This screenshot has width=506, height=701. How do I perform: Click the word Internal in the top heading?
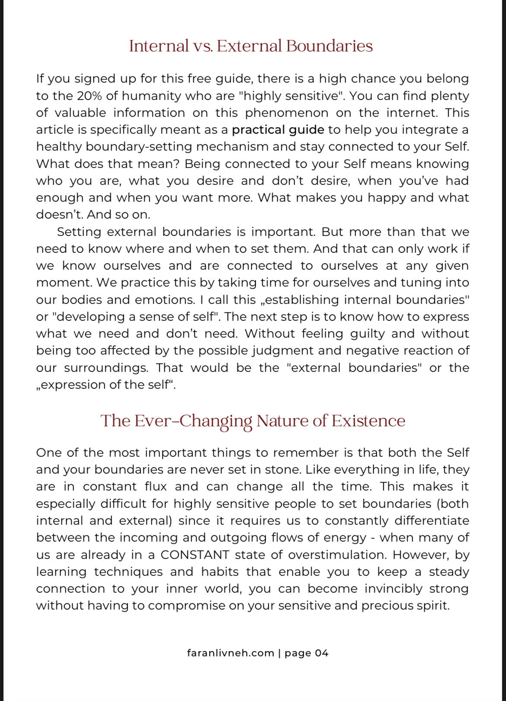[x=159, y=46]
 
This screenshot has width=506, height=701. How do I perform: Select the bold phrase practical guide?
[x=278, y=129]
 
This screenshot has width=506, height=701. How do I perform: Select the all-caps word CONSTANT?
[x=195, y=555]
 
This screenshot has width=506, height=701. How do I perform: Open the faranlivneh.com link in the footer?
[x=231, y=653]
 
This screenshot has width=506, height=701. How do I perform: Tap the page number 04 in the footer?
[x=321, y=653]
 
